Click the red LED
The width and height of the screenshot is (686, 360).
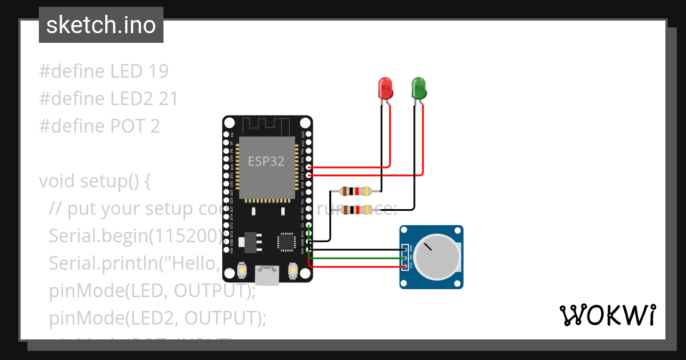(x=386, y=89)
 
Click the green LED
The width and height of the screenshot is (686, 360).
(x=419, y=89)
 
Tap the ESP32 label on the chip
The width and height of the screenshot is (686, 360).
(x=266, y=161)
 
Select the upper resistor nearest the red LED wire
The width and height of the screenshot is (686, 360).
(x=356, y=191)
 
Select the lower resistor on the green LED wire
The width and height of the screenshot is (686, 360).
(x=356, y=210)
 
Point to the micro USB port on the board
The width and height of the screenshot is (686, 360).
(x=266, y=275)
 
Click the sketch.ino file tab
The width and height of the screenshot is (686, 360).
(x=101, y=25)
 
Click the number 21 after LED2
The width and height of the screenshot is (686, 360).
(x=168, y=99)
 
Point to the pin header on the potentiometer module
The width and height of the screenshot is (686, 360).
(x=405, y=258)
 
